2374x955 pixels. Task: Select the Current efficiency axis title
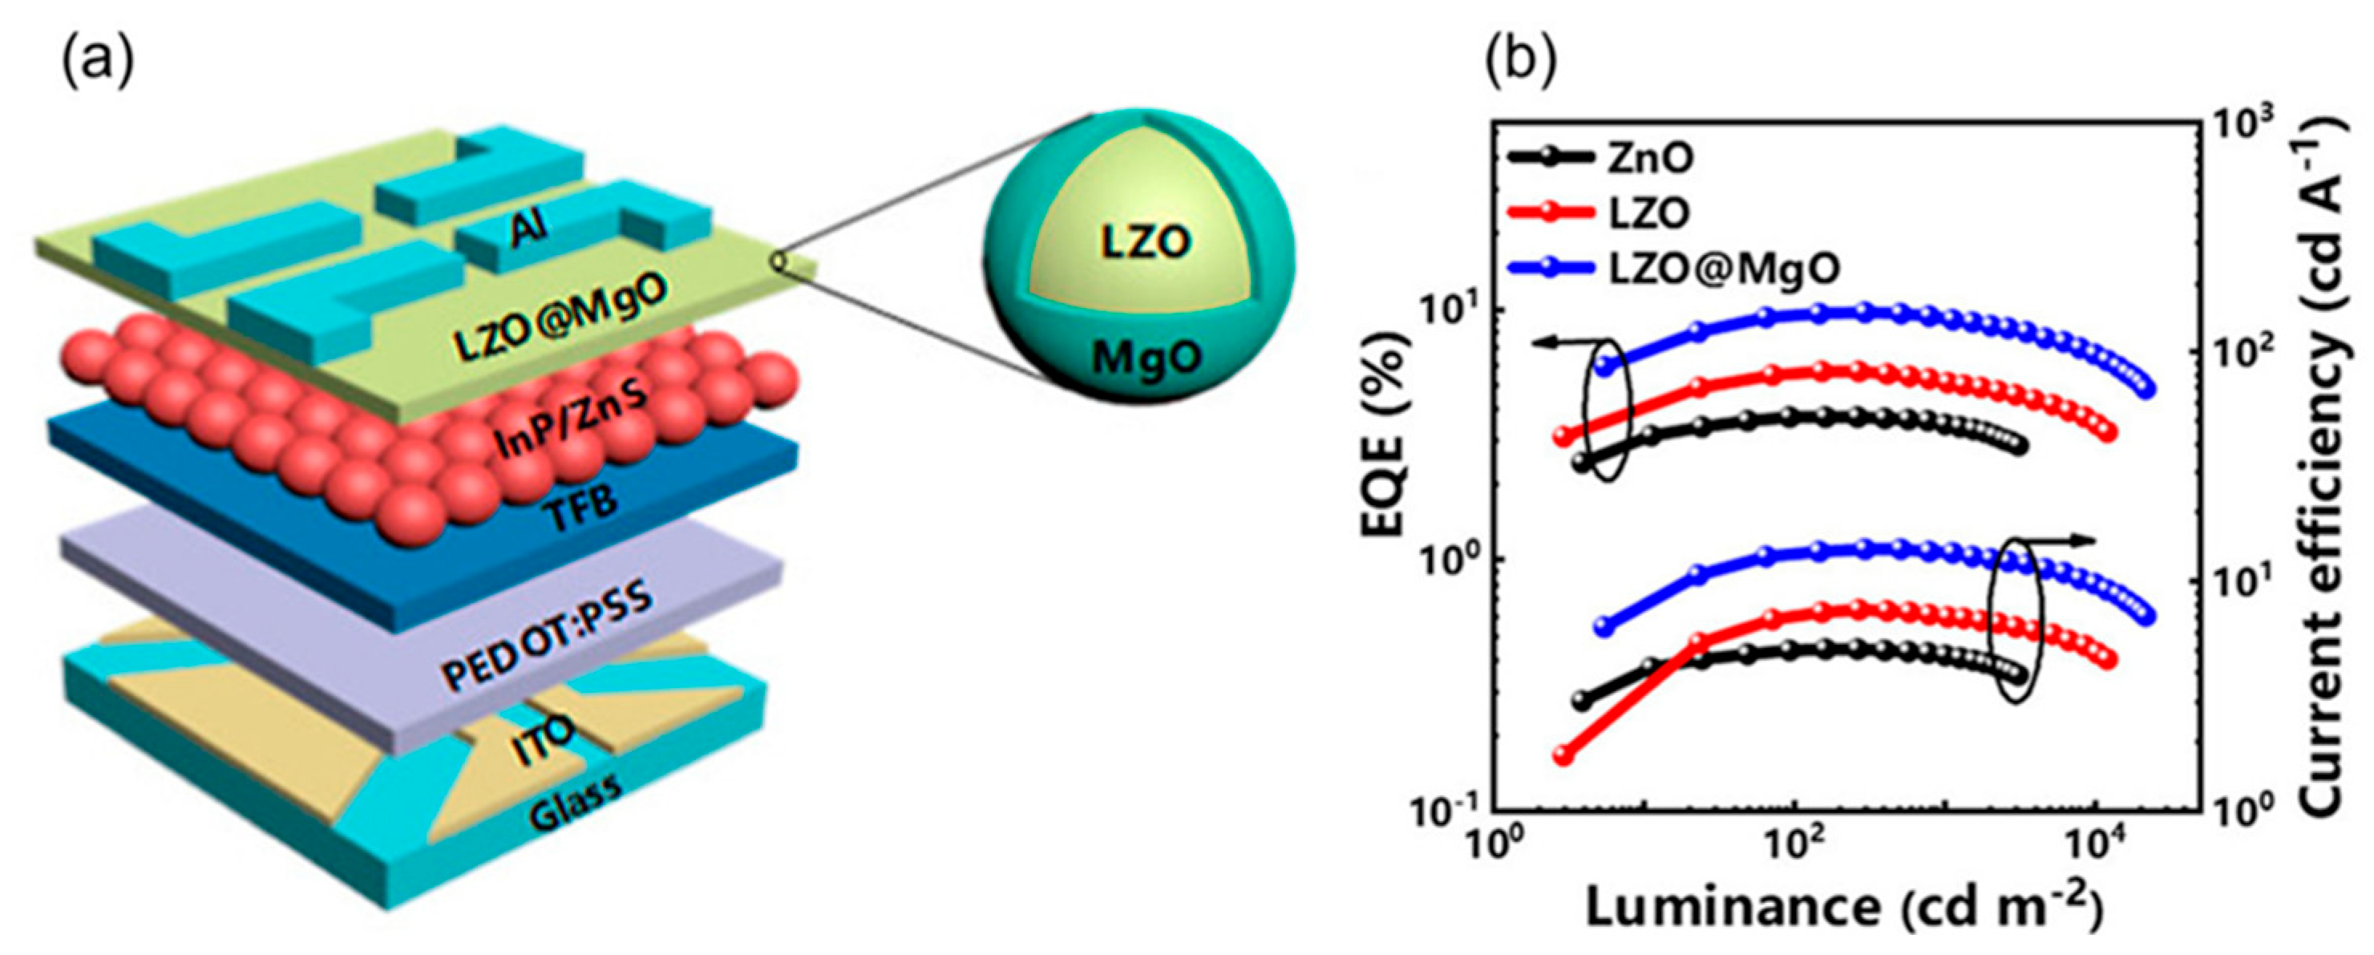click(x=2341, y=461)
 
